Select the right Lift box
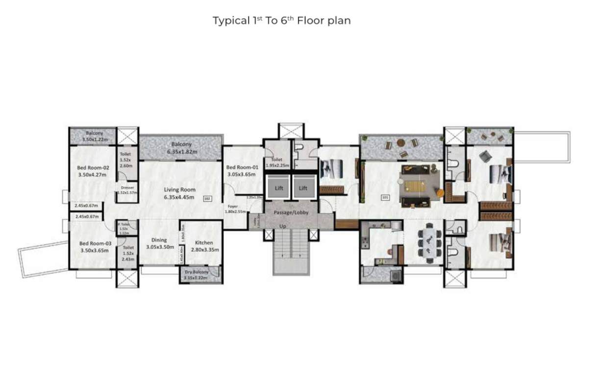coord(303,188)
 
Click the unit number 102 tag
coord(207,198)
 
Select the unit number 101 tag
coord(385,198)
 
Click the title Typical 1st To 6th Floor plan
coord(281,21)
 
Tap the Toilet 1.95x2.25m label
coord(277,163)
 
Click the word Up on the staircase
coord(283,226)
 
